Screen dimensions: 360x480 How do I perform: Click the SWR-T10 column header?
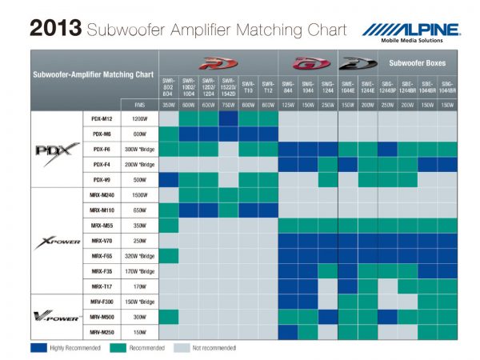click(x=248, y=86)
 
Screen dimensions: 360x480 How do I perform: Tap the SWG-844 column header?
click(x=288, y=86)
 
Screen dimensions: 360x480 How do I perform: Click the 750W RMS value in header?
click(x=228, y=104)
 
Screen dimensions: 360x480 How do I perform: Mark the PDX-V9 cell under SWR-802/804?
click(x=169, y=179)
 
